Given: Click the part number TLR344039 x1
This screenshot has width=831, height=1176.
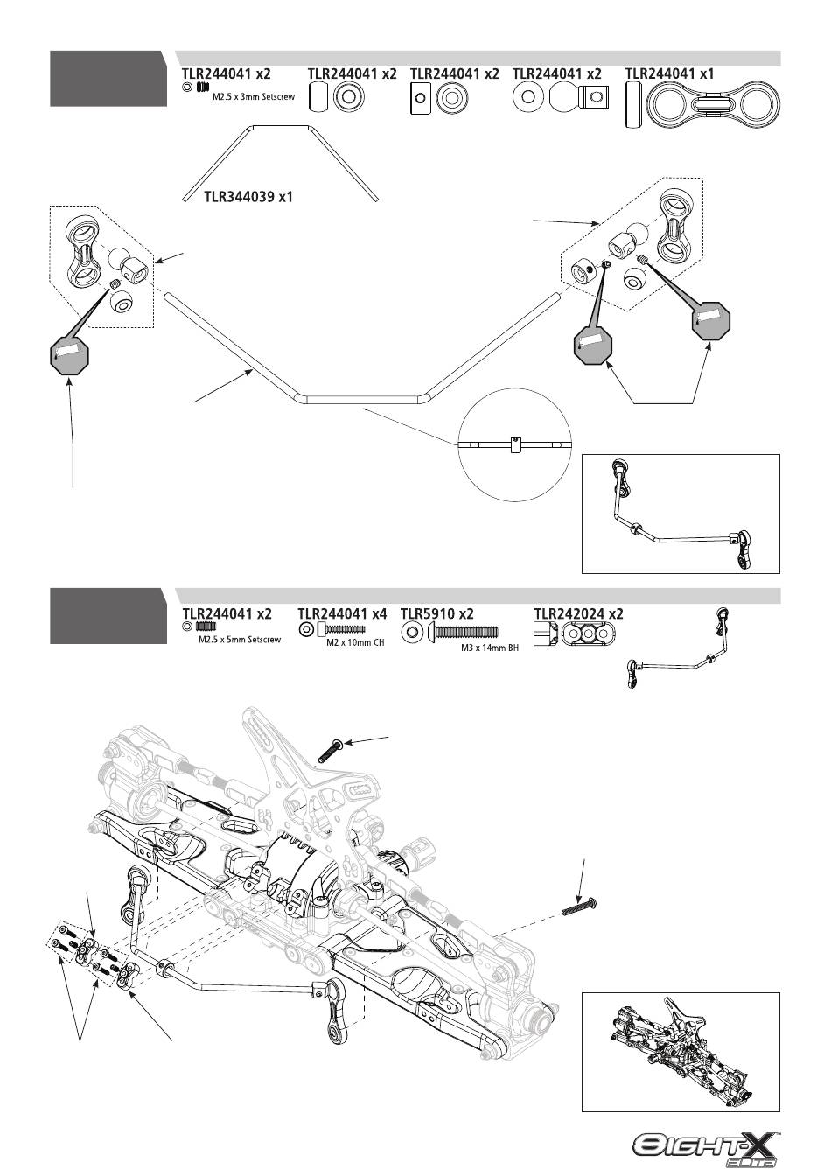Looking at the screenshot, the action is pos(248,197).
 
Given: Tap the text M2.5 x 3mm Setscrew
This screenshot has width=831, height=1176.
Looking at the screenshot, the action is pos(254,96).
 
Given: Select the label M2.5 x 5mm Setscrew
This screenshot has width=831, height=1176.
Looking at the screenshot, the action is pos(240,640).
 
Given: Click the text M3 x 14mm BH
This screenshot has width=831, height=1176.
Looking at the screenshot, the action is pos(490,647).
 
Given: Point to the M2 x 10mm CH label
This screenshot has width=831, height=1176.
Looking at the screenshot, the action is pos(355,642).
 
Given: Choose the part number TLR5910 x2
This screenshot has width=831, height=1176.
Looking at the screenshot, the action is pos(436,613).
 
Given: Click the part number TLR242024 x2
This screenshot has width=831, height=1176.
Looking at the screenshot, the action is pos(578,613).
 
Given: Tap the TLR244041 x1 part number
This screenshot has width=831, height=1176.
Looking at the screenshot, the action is pos(669,73).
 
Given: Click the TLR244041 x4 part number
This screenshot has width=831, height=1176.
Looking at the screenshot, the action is pos(342,613).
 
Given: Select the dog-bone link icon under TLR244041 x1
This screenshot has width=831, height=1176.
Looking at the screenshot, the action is pos(714,105).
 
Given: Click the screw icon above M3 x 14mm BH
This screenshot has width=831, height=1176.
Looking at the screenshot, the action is pos(463,632).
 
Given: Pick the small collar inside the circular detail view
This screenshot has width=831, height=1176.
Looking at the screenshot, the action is pos(514,444).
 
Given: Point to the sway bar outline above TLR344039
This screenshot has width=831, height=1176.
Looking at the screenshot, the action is pos(280,164).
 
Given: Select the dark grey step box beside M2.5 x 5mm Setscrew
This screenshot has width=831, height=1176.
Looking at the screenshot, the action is pos(108,616).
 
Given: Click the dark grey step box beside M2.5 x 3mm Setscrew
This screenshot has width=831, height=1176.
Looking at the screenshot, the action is pos(108,79).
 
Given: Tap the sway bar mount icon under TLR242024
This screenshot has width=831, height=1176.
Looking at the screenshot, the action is pos(589,633).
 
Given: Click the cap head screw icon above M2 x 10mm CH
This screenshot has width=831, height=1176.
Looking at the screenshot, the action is pos(340,629).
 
